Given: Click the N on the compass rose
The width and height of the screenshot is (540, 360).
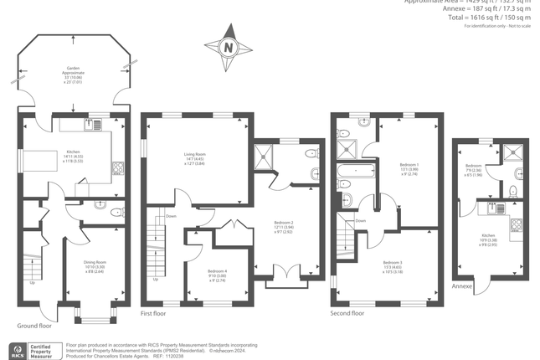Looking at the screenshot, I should coord(229,48).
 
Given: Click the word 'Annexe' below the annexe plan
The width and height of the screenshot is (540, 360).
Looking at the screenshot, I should coord(462,286).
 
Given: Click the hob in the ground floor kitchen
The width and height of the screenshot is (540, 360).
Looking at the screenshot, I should coord(119,166).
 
